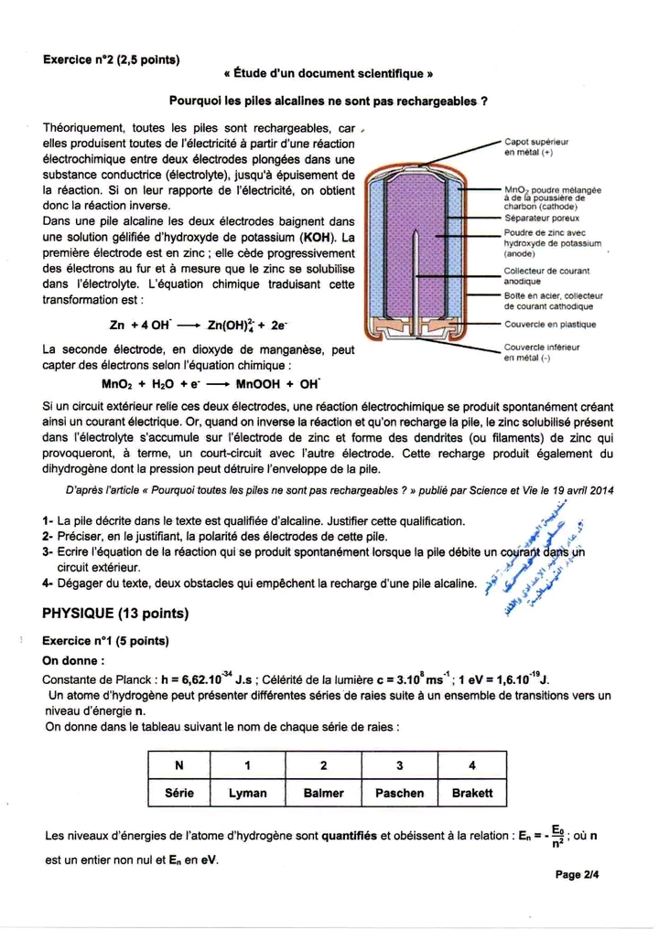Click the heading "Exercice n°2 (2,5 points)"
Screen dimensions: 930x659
tap(111, 60)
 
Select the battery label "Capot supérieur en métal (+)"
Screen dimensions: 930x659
tap(535, 149)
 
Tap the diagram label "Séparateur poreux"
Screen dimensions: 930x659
tap(541, 219)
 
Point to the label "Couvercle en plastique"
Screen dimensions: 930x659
tap(549, 325)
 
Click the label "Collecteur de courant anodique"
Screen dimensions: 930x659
tap(546, 276)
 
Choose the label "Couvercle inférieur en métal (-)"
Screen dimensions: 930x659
tap(541, 353)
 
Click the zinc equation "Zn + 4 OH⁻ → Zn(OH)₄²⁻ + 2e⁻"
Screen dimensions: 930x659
tap(198, 325)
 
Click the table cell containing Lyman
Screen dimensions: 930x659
tap(247, 793)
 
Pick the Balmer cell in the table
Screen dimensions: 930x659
tap(323, 793)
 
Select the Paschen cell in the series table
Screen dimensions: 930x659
tap(399, 793)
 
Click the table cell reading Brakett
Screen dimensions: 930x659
tap(472, 793)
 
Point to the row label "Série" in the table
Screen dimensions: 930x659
tap(179, 793)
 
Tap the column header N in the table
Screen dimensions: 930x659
tap(179, 764)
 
